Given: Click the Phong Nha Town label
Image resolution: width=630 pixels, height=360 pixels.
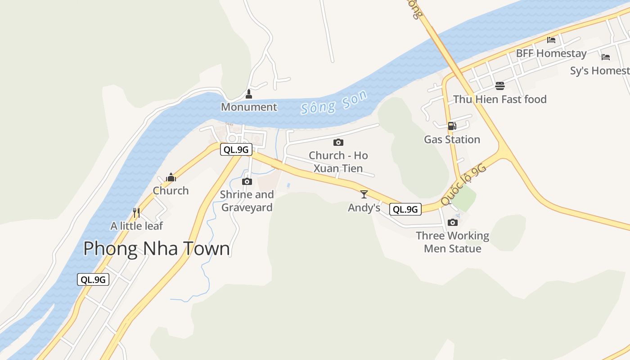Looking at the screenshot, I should pyautogui.click(x=157, y=249).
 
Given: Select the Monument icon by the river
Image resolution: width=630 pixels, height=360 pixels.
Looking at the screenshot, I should pyautogui.click(x=248, y=94).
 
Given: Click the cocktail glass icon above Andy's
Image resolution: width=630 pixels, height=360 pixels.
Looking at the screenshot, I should pyautogui.click(x=364, y=194).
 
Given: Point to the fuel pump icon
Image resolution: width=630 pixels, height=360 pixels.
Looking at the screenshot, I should pyautogui.click(x=452, y=126).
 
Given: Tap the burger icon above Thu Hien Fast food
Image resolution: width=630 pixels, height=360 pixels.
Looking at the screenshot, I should pyautogui.click(x=499, y=85).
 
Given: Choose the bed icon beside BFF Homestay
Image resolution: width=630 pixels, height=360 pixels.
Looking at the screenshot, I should pyautogui.click(x=551, y=40).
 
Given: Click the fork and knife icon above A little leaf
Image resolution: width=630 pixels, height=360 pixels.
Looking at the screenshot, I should pyautogui.click(x=136, y=212).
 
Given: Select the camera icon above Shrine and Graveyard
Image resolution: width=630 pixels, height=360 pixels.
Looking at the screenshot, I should pyautogui.click(x=247, y=181).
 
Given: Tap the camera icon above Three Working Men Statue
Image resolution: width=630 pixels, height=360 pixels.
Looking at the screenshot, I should pyautogui.click(x=453, y=222).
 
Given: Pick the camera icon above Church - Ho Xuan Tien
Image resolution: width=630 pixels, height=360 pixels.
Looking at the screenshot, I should pyautogui.click(x=338, y=142).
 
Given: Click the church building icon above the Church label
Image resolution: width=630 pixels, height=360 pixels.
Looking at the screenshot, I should pyautogui.click(x=171, y=177).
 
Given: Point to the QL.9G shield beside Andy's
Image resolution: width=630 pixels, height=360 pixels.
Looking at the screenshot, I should pyautogui.click(x=405, y=209).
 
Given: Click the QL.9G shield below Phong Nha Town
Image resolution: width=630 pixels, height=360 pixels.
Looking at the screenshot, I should pyautogui.click(x=93, y=279).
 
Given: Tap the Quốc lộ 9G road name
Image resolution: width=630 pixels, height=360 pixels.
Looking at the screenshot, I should pyautogui.click(x=464, y=184).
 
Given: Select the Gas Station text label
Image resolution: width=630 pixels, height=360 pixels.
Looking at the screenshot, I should pyautogui.click(x=452, y=139).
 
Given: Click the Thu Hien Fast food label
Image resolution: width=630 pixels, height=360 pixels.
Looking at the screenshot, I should pyautogui.click(x=499, y=99).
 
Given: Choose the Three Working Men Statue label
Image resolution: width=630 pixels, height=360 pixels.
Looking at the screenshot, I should pyautogui.click(x=452, y=242).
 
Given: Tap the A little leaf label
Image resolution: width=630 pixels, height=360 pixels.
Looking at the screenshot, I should pyautogui.click(x=136, y=226).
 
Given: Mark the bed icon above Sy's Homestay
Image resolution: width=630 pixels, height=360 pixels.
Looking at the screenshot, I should pyautogui.click(x=606, y=57).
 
